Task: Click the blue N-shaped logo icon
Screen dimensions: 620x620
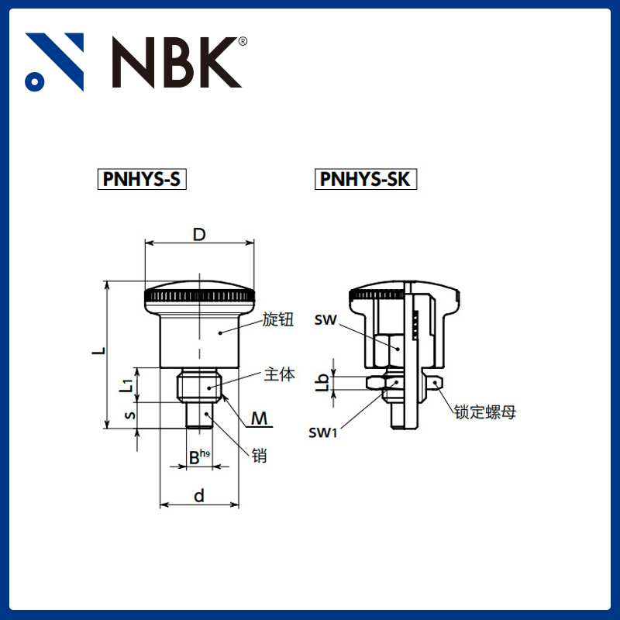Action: pyautogui.click(x=54, y=62)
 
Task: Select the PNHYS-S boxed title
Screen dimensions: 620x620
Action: pyautogui.click(x=141, y=180)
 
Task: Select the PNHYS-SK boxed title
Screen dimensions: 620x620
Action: pyautogui.click(x=367, y=180)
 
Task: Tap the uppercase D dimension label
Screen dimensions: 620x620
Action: pyautogui.click(x=199, y=235)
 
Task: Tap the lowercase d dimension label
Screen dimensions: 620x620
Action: pyautogui.click(x=199, y=495)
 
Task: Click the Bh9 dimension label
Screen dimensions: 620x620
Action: pyautogui.click(x=199, y=456)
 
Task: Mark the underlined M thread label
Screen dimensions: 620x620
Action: pyautogui.click(x=261, y=419)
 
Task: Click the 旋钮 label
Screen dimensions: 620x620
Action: pyautogui.click(x=278, y=319)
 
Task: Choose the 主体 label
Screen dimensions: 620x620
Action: pyautogui.click(x=280, y=374)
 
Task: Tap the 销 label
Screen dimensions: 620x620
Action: pyautogui.click(x=260, y=456)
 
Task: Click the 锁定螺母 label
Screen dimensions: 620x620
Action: pyautogui.click(x=485, y=412)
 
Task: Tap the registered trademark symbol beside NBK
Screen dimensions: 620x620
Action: pyautogui.click(x=243, y=42)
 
